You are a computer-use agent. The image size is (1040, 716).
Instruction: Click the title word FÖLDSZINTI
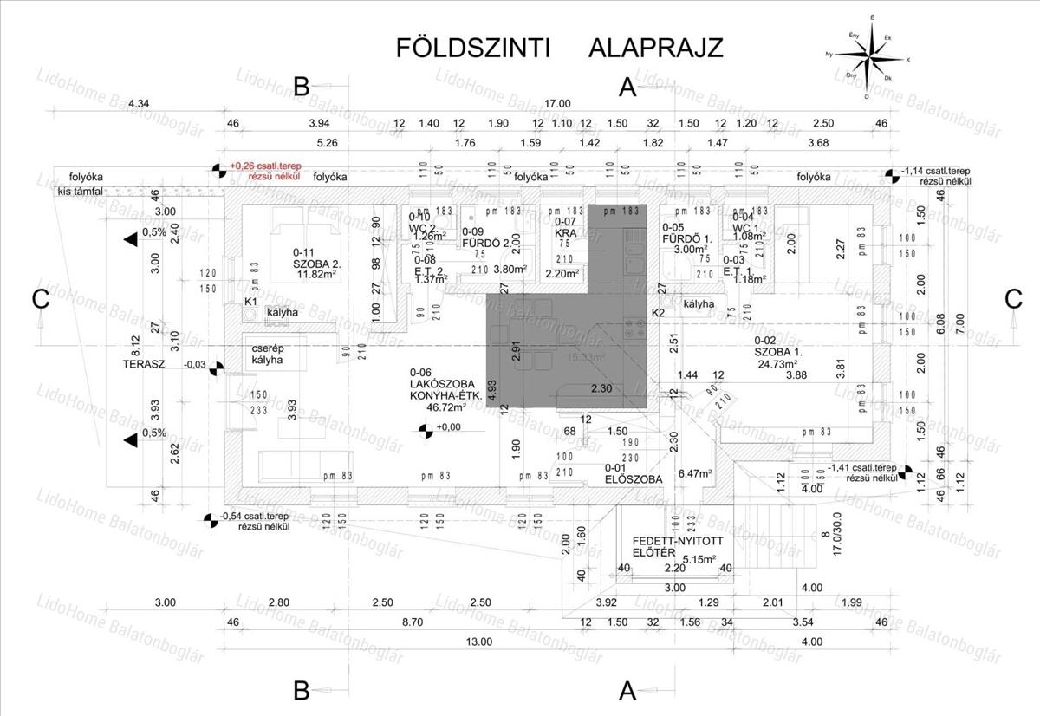click(x=473, y=47)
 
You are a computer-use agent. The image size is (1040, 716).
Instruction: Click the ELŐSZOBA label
click(x=634, y=478)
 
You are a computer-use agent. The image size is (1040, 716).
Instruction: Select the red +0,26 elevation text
click(x=264, y=165)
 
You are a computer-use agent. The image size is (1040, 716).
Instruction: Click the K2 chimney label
click(x=658, y=312)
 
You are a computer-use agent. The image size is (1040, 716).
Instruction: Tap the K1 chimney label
click(x=250, y=302)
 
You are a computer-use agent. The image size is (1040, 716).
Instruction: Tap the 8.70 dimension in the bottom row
click(x=413, y=622)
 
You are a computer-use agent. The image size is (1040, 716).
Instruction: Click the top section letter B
click(x=301, y=86)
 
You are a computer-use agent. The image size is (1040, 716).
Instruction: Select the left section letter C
click(x=40, y=299)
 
